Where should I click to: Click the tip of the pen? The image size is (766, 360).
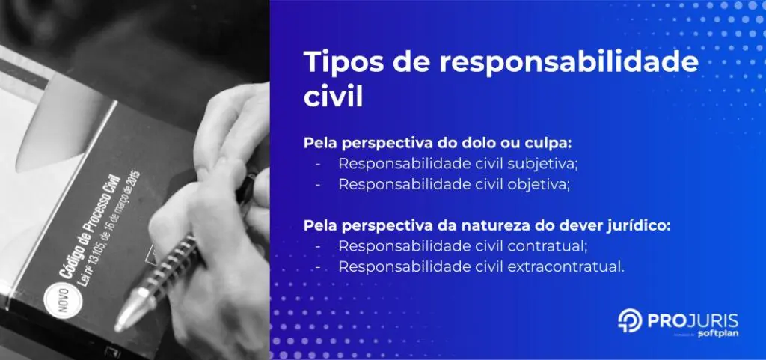click(120, 324)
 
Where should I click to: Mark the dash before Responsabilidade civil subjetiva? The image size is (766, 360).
click(319, 163)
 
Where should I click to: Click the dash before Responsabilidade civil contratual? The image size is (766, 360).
click(319, 246)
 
